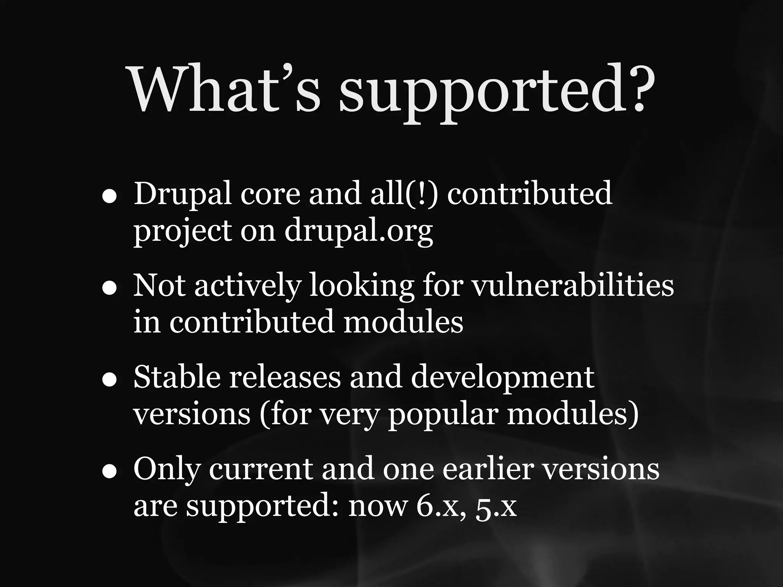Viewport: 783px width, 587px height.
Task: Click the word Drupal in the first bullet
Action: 182,194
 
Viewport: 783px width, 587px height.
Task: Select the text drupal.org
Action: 359,231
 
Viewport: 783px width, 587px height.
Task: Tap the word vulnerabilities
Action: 573,285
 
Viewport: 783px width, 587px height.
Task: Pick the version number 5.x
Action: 496,508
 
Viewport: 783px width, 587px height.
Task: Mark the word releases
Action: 284,377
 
